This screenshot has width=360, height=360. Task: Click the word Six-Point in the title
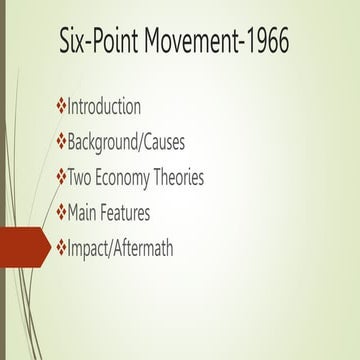[97, 43]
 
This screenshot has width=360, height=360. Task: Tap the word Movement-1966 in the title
[216, 43]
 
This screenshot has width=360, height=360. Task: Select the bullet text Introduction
[104, 106]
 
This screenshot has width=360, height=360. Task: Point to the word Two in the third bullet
[81, 177]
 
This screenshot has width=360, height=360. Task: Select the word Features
[138, 212]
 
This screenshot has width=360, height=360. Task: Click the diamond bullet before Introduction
[61, 106]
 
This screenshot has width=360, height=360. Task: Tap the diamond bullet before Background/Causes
[61, 141]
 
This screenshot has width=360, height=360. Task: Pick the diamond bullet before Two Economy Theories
[61, 177]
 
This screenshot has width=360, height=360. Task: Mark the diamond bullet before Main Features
[61, 212]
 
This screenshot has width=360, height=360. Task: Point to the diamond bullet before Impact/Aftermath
[61, 247]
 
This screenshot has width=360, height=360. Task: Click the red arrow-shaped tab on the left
[22, 246]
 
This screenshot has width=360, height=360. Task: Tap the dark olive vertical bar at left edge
[3, 180]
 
